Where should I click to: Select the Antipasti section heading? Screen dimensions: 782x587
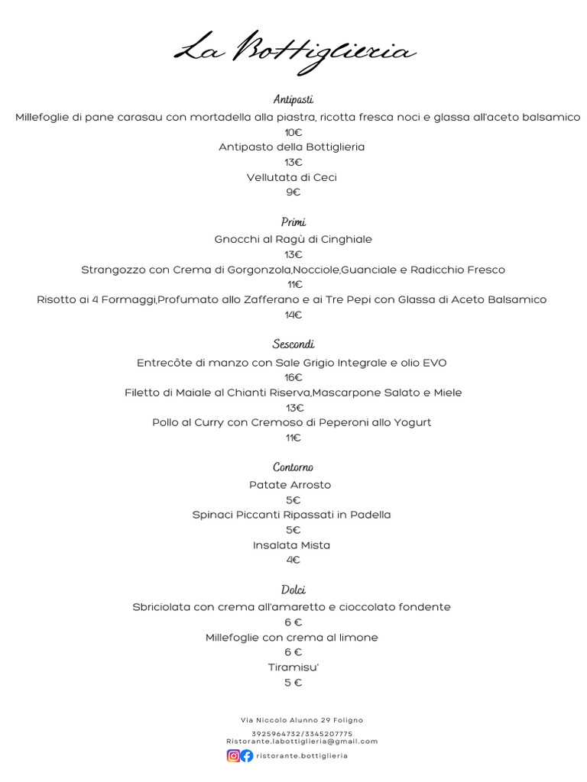pyautogui.click(x=293, y=100)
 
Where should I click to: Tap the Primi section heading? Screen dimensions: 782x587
pyautogui.click(x=293, y=222)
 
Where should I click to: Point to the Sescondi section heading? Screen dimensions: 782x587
pyautogui.click(x=293, y=344)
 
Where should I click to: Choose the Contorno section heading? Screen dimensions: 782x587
pyautogui.click(x=293, y=467)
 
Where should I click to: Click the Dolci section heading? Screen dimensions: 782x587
pyautogui.click(x=293, y=590)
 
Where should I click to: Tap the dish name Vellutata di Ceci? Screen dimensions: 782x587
pyautogui.click(x=292, y=177)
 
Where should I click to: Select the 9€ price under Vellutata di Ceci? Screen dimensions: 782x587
pyautogui.click(x=293, y=192)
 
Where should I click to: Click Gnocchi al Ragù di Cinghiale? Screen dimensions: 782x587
pyautogui.click(x=293, y=239)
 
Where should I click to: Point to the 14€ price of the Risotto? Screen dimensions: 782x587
pyautogui.click(x=293, y=315)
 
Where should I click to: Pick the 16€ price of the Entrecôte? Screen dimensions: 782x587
pyautogui.click(x=293, y=377)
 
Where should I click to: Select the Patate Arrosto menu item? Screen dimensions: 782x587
pyautogui.click(x=290, y=485)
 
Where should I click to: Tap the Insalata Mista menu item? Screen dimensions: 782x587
pyautogui.click(x=292, y=545)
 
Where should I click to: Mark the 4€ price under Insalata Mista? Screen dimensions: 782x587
pyautogui.click(x=293, y=560)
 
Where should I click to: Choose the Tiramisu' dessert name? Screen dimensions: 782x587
pyautogui.click(x=293, y=667)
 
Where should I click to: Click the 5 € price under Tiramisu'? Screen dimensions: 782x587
pyautogui.click(x=293, y=683)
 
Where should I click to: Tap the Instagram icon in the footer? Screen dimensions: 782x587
pyautogui.click(x=233, y=756)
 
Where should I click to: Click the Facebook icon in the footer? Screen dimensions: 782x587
pyautogui.click(x=247, y=756)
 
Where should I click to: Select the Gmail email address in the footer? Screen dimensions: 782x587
pyautogui.click(x=302, y=741)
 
